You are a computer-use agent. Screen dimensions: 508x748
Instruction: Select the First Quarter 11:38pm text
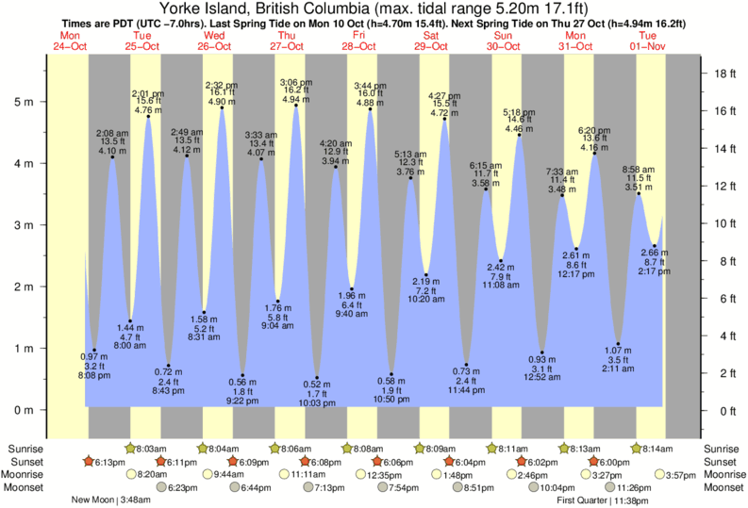pos(617,500)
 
